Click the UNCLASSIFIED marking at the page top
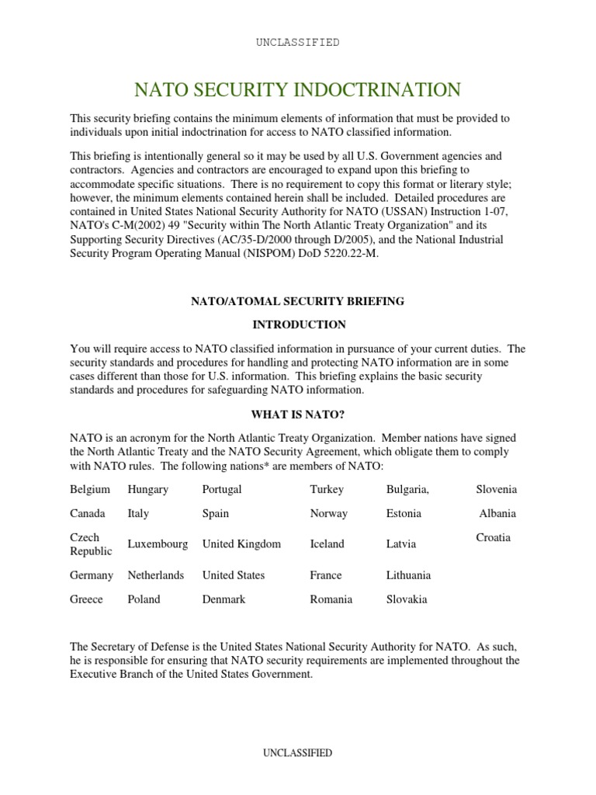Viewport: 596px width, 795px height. coord(298,43)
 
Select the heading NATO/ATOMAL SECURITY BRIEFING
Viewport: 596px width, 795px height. coord(297,301)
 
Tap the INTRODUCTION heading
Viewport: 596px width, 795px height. coord(297,325)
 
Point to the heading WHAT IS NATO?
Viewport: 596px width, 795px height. coord(297,415)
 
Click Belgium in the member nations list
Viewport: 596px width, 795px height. coord(90,489)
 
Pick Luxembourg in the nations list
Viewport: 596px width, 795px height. coord(158,544)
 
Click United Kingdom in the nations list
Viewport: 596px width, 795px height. coord(241,544)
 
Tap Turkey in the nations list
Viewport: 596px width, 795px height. coord(327,489)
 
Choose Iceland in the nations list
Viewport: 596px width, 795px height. coord(327,544)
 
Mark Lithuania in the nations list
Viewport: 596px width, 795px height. coord(408,575)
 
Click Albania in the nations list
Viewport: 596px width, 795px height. coord(497,513)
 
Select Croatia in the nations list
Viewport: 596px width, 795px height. coord(493,537)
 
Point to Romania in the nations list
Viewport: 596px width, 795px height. coord(331,599)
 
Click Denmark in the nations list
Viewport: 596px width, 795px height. coord(223,599)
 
